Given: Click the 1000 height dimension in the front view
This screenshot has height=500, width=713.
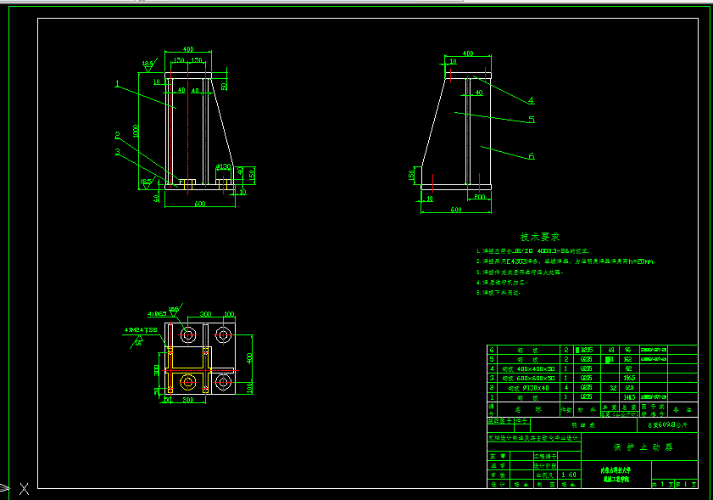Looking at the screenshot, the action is pyautogui.click(x=136, y=131).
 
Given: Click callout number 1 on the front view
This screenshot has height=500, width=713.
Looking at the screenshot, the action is pyautogui.click(x=118, y=83).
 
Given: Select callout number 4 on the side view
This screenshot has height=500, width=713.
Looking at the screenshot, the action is pyautogui.click(x=530, y=100).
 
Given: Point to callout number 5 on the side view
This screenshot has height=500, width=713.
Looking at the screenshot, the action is pyautogui.click(x=532, y=120).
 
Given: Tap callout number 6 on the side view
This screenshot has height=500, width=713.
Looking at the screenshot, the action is pyautogui.click(x=532, y=156).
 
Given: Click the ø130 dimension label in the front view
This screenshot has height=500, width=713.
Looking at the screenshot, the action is pyautogui.click(x=224, y=166).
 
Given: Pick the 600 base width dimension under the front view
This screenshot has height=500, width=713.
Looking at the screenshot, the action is pyautogui.click(x=200, y=204).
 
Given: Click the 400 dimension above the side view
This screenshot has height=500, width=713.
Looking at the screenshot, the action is pyautogui.click(x=467, y=53).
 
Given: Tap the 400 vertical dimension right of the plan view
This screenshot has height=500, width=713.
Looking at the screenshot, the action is pyautogui.click(x=249, y=356).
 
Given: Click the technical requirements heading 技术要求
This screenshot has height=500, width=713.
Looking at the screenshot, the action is pyautogui.click(x=540, y=237).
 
